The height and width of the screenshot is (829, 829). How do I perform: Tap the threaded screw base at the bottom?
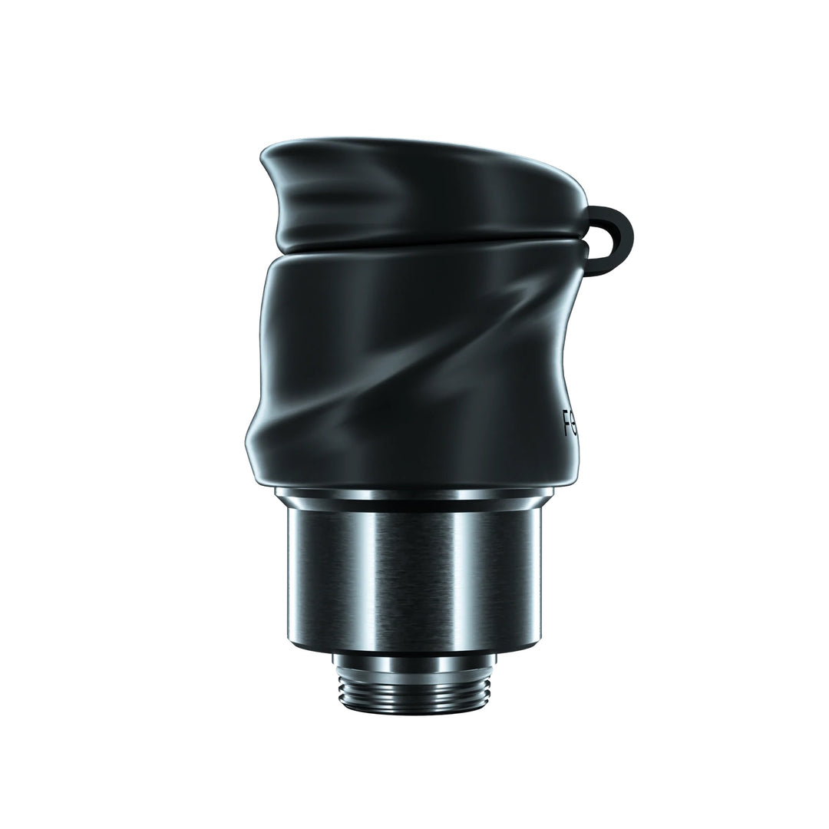(x=414, y=683)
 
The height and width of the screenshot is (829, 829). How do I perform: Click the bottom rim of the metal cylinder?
(x=414, y=649)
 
